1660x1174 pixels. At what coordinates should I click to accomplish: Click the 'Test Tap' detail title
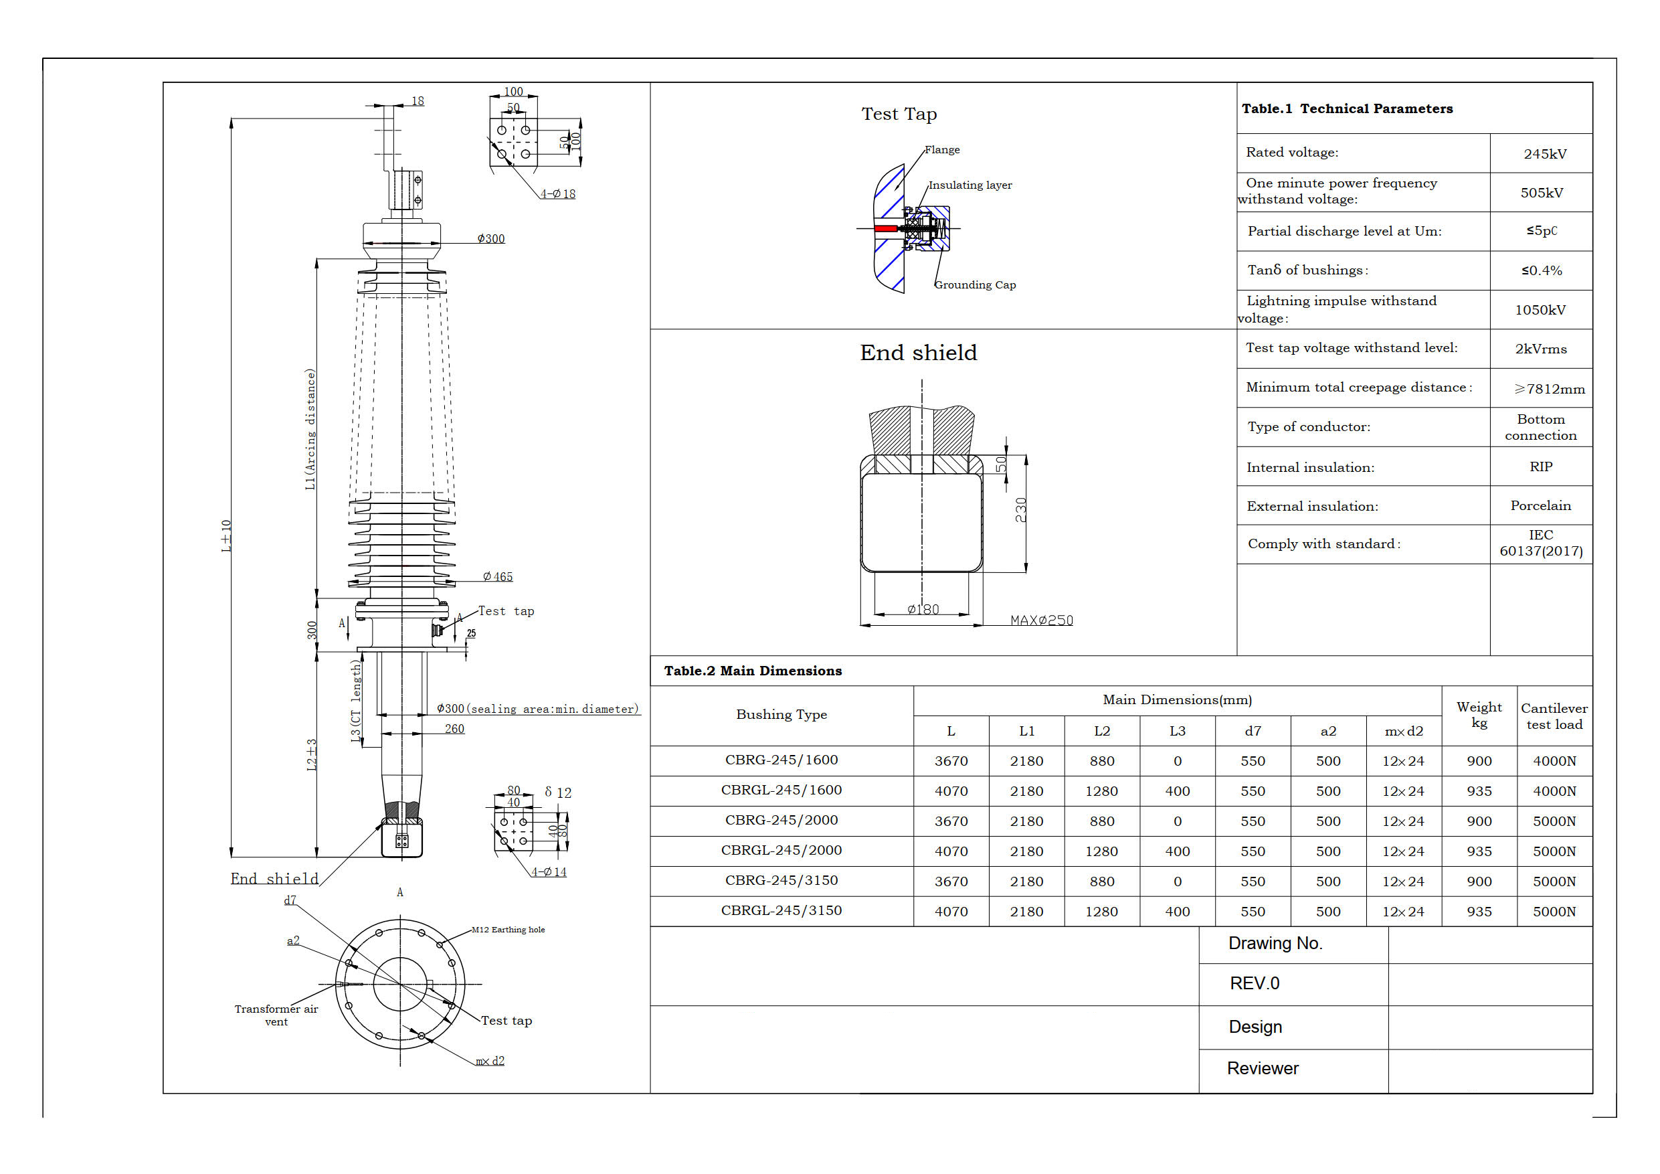(x=899, y=114)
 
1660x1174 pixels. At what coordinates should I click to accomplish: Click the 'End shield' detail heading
(x=918, y=353)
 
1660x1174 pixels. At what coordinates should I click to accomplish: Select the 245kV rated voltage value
(x=1544, y=154)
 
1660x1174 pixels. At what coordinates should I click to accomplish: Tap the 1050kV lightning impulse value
(x=1540, y=311)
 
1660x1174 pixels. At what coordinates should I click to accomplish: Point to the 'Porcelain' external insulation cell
(x=1540, y=505)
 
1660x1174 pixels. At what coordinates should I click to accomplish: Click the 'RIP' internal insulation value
(x=1540, y=467)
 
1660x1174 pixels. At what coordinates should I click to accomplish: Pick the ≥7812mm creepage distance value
(x=1549, y=389)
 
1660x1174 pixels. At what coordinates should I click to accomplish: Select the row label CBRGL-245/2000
(x=781, y=851)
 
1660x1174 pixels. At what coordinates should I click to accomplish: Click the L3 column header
(x=1177, y=732)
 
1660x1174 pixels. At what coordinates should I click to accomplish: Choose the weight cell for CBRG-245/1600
(x=1479, y=761)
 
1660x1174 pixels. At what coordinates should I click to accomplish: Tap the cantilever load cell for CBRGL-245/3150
(x=1554, y=912)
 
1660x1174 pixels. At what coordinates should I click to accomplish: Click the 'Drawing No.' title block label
(x=1275, y=943)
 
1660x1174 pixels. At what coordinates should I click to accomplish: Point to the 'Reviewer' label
(x=1263, y=1068)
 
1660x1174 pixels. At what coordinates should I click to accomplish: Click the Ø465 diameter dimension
(x=498, y=576)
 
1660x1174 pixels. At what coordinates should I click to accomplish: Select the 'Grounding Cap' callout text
(x=975, y=285)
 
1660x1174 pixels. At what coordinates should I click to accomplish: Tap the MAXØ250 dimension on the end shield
(x=1041, y=620)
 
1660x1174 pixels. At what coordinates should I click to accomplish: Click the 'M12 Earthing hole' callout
(x=509, y=930)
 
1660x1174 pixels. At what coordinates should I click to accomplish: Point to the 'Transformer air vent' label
(x=276, y=1015)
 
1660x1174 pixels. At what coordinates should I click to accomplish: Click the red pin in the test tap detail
(x=885, y=229)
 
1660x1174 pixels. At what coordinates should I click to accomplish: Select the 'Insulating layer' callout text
(x=970, y=185)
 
